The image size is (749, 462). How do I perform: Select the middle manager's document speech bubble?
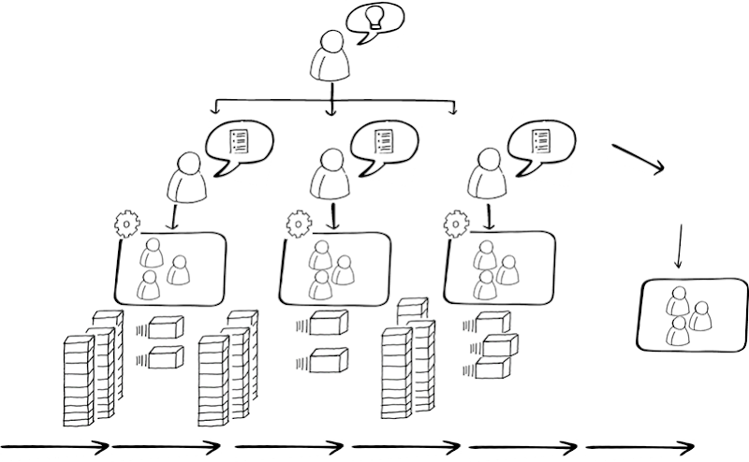click(x=382, y=143)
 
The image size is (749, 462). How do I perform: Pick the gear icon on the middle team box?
click(x=298, y=224)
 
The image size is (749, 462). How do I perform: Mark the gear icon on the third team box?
click(x=456, y=224)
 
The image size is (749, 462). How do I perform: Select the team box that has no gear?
click(x=690, y=314)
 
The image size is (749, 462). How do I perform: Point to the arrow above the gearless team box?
click(x=678, y=247)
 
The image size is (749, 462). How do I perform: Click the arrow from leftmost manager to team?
click(x=175, y=218)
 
